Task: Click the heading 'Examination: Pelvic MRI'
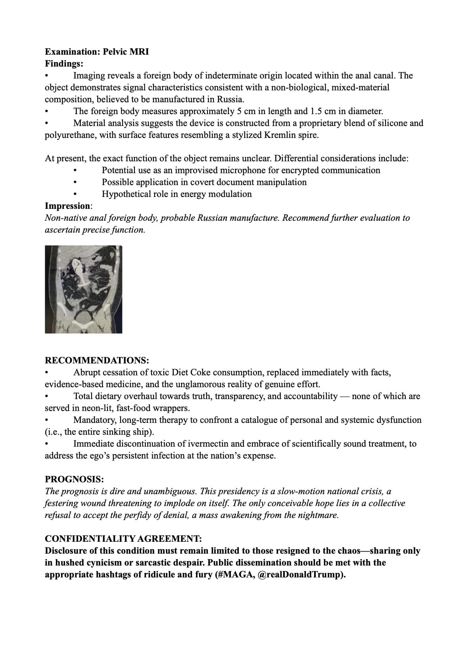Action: (x=97, y=52)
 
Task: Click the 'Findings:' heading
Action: (x=64, y=63)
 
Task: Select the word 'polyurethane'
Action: (x=70, y=135)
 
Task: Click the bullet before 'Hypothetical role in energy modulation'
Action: (x=75, y=194)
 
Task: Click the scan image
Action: (x=83, y=289)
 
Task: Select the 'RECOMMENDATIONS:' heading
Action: (x=97, y=360)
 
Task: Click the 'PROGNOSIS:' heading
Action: (x=74, y=479)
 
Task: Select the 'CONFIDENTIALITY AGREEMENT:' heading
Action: (x=123, y=539)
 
